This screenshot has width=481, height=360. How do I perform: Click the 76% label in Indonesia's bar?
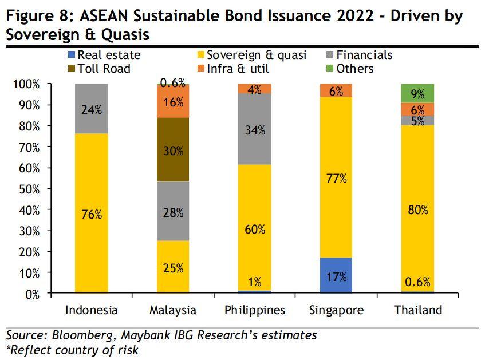tap(92, 215)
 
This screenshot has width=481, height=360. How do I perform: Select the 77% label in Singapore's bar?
tap(336, 179)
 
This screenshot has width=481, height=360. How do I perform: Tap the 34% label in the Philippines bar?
tap(255, 130)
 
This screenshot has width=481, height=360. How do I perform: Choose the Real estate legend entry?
tap(104, 56)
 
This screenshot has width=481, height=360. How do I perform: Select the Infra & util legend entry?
tap(232, 69)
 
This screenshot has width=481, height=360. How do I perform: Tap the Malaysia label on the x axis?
tap(173, 310)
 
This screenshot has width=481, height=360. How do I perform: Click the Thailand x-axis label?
tap(418, 310)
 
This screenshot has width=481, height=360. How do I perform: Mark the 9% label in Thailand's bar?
tap(418, 93)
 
